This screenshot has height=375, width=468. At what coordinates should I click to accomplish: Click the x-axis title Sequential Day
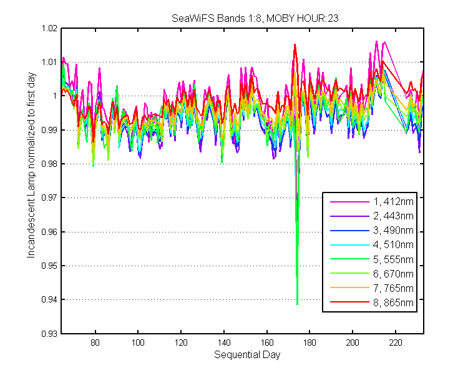pos(247,355)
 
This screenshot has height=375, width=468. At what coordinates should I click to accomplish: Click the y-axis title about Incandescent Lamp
pos(31,165)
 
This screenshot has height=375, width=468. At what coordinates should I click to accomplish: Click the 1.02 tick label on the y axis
pos(49,28)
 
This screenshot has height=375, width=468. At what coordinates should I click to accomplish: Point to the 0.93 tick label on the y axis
pos(49,333)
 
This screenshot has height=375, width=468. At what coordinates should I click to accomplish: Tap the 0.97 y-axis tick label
pos(49,197)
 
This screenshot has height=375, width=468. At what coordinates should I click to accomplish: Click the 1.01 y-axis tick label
pos(49,62)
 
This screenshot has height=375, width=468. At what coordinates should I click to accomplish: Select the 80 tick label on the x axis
pos(95,342)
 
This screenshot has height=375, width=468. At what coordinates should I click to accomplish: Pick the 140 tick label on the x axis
pos(224,342)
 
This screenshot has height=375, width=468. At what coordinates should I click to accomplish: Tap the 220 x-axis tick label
pos(396,342)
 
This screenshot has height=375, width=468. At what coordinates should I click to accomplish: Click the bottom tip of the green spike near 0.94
pos(297,304)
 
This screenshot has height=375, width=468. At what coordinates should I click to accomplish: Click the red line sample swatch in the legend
pos(349,302)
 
